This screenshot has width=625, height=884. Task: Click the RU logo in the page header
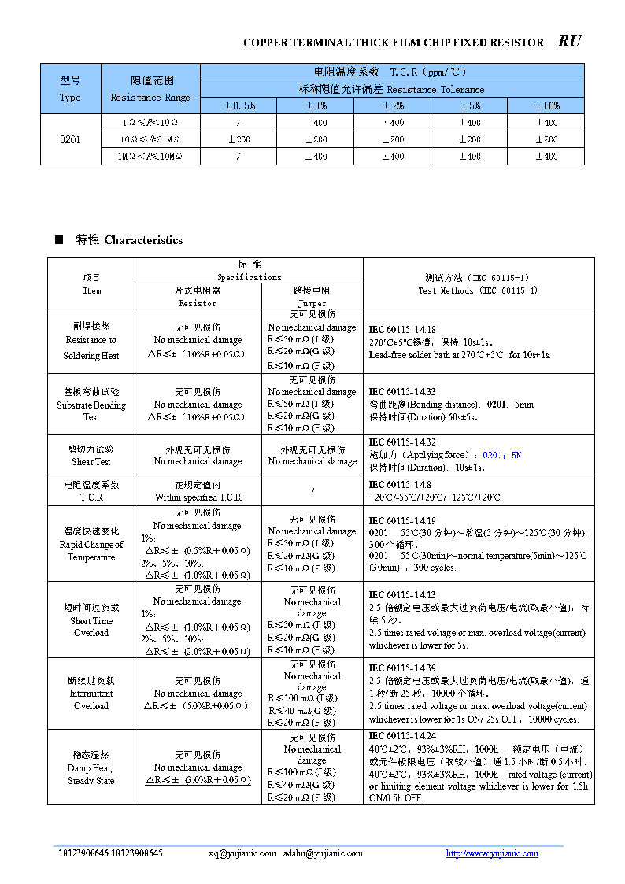tap(569, 42)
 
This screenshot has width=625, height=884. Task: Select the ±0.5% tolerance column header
tap(239, 105)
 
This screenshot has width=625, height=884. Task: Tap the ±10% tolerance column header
tap(546, 105)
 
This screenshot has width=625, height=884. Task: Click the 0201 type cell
tap(70, 139)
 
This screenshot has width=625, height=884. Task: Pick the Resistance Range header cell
tap(150, 89)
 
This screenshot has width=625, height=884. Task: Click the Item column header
tap(91, 284)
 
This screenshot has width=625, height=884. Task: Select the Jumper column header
tap(312, 297)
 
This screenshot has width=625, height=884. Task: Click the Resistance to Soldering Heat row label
tap(91, 340)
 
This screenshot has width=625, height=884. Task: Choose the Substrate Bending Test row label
tap(91, 404)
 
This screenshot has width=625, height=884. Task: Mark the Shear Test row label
tap(91, 456)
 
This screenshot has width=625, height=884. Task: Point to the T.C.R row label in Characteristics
tap(91, 491)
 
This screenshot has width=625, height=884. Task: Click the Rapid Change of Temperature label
tap(91, 544)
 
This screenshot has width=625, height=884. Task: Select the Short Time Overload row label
tap(91, 620)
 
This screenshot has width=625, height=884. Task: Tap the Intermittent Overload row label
tap(91, 694)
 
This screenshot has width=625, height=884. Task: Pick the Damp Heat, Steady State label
tap(91, 767)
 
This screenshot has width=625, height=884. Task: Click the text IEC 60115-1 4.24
tap(402, 736)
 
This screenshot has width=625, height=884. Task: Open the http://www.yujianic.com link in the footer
tap(492, 853)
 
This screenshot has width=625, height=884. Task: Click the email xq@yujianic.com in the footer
tap(242, 853)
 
